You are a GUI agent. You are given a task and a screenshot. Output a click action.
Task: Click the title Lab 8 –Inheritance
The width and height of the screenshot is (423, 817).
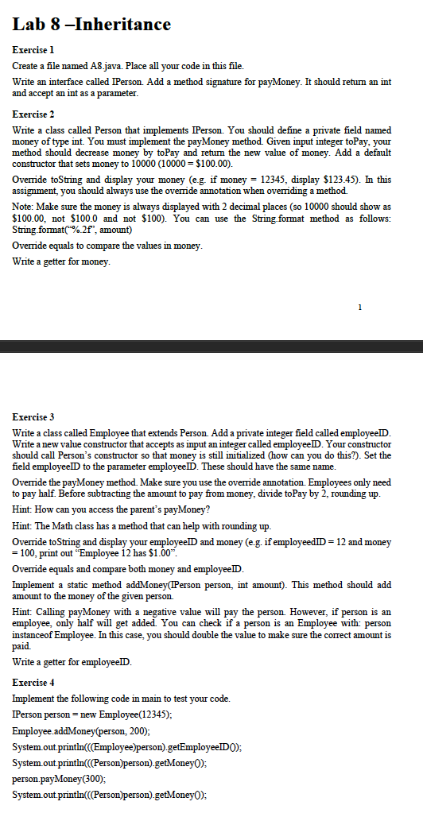(92, 25)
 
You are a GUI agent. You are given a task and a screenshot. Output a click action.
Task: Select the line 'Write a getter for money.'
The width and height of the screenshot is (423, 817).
(62, 261)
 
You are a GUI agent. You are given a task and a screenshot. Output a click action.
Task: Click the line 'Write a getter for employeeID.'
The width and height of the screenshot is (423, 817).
(73, 662)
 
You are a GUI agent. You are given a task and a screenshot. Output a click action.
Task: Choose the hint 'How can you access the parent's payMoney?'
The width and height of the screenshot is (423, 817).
(112, 509)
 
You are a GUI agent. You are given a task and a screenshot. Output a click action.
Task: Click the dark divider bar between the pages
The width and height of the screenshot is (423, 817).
(211, 347)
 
